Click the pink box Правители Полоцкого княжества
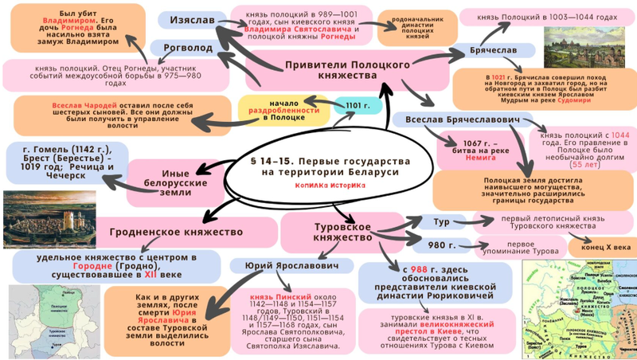coord(342,69)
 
